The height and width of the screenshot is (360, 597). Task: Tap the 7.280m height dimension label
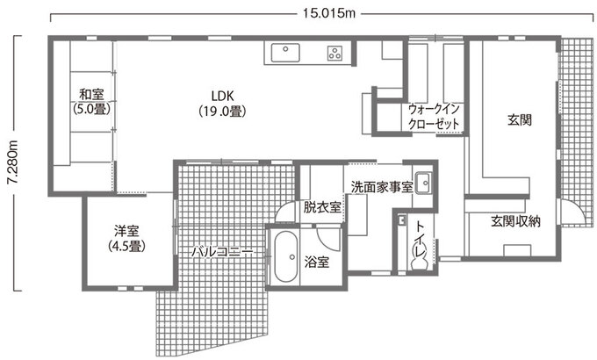click(11, 162)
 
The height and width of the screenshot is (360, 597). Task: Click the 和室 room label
click(90, 96)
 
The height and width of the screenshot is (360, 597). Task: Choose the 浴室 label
click(317, 263)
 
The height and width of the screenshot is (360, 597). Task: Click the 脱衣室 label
click(322, 208)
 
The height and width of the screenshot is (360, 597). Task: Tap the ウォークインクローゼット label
click(435, 118)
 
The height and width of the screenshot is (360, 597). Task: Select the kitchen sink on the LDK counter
click(285, 53)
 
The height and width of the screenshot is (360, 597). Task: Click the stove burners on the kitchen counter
click(334, 53)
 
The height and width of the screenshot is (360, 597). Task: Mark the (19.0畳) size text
click(221, 112)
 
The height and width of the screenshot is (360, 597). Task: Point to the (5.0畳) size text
click(90, 111)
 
